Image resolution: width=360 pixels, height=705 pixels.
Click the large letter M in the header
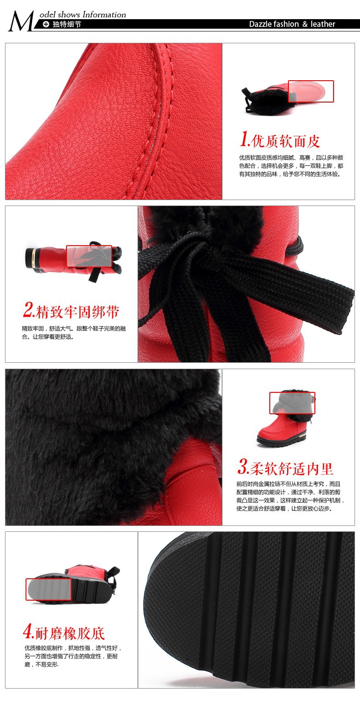pos(21,21)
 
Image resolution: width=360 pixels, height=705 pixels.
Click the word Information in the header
pos(104,15)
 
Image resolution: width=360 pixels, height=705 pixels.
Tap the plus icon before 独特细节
pos(46,24)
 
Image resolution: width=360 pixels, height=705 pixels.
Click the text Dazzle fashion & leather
pos(292,24)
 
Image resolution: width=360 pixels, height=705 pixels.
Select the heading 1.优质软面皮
pos(280,140)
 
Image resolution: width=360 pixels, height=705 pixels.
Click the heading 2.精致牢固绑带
pos(71,310)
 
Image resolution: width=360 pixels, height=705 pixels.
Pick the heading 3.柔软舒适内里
pos(285,467)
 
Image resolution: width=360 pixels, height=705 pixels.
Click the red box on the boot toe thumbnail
pos(311,91)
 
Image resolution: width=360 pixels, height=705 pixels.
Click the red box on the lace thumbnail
pos(89,256)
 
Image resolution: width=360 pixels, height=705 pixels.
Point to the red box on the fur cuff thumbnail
pos(292,403)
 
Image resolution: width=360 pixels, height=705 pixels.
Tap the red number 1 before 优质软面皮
pos(245,139)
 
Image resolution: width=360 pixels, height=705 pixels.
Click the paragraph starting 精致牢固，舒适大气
pos(74,333)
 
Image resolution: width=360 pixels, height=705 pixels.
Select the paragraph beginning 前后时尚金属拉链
pos(290,496)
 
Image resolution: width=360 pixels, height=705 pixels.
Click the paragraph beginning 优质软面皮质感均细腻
pos(291,166)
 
